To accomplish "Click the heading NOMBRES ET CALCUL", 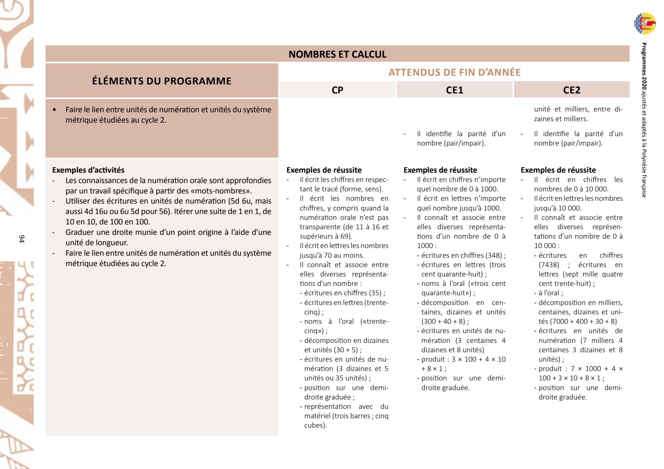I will [x=337, y=54].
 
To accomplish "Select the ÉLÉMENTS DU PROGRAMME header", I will [x=162, y=81].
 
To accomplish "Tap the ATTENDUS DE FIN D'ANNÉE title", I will [x=454, y=72].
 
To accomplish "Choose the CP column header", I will [x=337, y=90].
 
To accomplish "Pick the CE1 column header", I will [x=454, y=90].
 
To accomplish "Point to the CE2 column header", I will [x=571, y=90].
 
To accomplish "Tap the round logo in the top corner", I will [x=645, y=24].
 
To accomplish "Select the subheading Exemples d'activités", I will [x=88, y=170].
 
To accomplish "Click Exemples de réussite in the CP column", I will [x=324, y=170].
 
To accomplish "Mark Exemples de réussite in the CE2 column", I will [x=558, y=170].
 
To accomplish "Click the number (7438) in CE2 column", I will [x=549, y=265].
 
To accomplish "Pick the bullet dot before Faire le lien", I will [x=55, y=110].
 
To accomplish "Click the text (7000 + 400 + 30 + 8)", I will [x=583, y=321].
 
